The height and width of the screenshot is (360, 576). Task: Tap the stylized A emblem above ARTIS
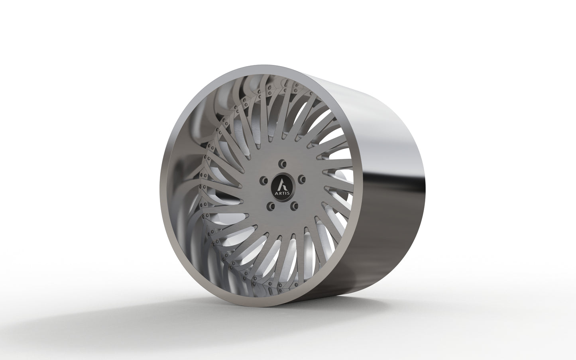pos(282,184)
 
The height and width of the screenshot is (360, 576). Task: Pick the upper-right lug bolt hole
pos(301,178)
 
